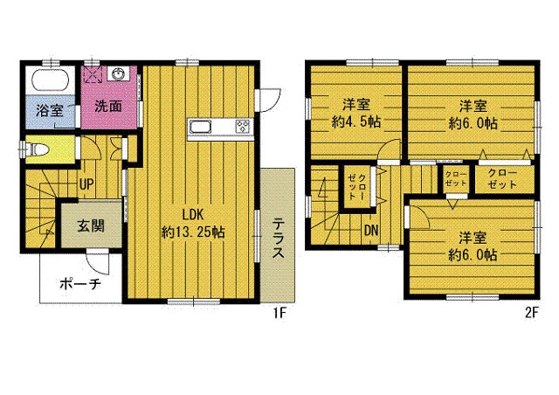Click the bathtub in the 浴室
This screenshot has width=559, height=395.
pyautogui.click(x=51, y=80)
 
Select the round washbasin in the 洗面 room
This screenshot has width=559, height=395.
pyautogui.click(x=118, y=74)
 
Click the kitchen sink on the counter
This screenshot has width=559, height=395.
pyautogui.click(x=200, y=127)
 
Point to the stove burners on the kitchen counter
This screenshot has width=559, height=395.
pyautogui.click(x=243, y=127)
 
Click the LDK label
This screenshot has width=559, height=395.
pyautogui.click(x=193, y=215)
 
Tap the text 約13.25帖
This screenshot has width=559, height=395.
pyautogui.click(x=193, y=232)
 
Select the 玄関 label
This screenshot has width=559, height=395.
pyautogui.click(x=91, y=225)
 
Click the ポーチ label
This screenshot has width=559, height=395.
pyautogui.click(x=80, y=284)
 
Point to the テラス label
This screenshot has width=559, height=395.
pyautogui.click(x=279, y=239)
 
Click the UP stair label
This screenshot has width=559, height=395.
pyautogui.click(x=86, y=184)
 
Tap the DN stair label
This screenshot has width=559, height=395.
pyautogui.click(x=371, y=231)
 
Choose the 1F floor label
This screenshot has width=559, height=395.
pyautogui.click(x=279, y=313)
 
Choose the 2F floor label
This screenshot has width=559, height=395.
pyautogui.click(x=531, y=313)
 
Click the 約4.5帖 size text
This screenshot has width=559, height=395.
pyautogui.click(x=355, y=122)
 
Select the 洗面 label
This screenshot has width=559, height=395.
pyautogui.click(x=108, y=106)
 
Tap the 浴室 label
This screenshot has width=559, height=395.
pyautogui.click(x=50, y=111)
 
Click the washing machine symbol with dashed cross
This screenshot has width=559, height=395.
pyautogui.click(x=93, y=74)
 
